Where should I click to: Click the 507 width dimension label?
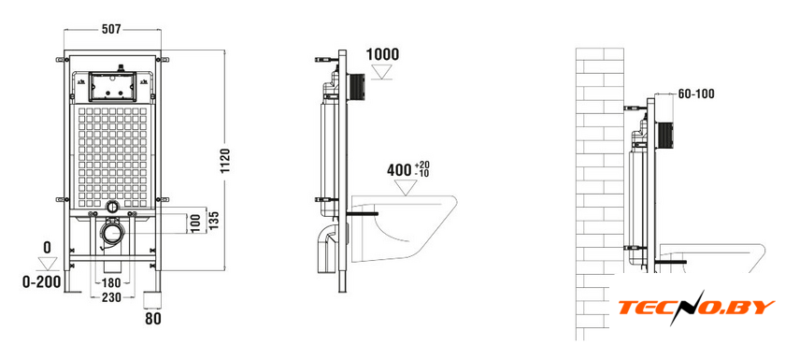[x=111, y=30]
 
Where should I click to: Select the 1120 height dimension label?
[x=225, y=161]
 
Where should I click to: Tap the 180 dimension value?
[x=111, y=283]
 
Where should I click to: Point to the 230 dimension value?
[x=111, y=297]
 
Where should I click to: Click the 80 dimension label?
[x=153, y=319]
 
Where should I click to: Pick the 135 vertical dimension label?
[x=215, y=221]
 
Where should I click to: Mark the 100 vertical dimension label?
[x=195, y=223]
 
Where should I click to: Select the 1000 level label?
[x=383, y=54]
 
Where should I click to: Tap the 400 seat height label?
[x=398, y=170]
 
